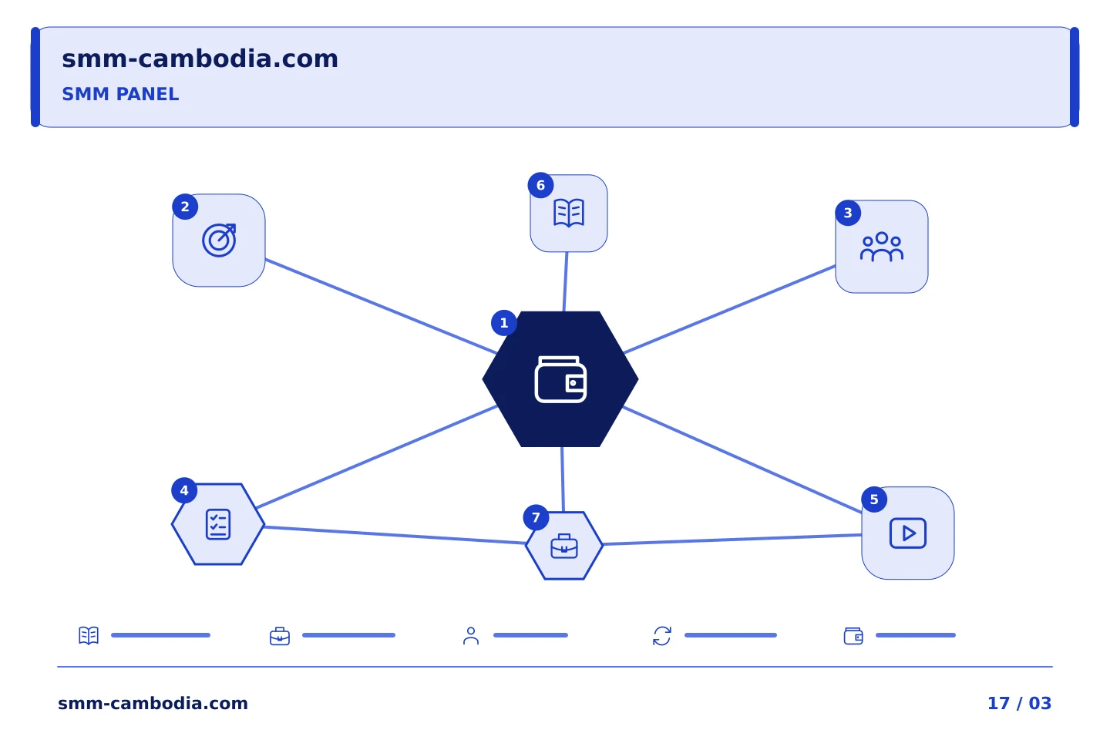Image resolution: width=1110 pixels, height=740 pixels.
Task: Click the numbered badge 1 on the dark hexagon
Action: [x=504, y=323]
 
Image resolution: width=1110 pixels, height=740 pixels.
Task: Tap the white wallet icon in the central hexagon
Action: [x=560, y=379]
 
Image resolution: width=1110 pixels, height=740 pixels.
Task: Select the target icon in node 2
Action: [x=219, y=240]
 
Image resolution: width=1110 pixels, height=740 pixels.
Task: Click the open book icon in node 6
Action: [x=569, y=213]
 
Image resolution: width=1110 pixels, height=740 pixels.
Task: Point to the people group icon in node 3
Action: [x=882, y=247]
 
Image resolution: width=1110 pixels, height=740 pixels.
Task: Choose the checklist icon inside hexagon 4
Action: [x=218, y=524]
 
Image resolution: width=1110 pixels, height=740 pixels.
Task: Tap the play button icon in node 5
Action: [x=908, y=533]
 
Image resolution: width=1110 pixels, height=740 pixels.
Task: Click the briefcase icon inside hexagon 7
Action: [x=564, y=546]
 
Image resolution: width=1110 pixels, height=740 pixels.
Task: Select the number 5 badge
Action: [x=874, y=499]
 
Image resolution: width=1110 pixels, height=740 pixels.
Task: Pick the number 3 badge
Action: [x=848, y=213]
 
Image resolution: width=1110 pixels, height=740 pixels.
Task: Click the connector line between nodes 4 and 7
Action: [x=395, y=535]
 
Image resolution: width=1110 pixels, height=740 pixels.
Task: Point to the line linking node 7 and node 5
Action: [x=732, y=540]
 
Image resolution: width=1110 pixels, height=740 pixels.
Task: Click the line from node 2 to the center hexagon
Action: [x=381, y=306]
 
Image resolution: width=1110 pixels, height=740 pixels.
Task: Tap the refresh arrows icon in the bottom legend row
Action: [x=662, y=636]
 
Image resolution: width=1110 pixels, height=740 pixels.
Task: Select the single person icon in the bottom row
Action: [x=471, y=636]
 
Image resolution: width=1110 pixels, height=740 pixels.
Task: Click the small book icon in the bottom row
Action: [x=89, y=635]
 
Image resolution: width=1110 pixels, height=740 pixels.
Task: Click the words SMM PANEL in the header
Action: [x=120, y=94]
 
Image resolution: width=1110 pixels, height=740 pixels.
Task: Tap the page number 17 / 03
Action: [x=1019, y=703]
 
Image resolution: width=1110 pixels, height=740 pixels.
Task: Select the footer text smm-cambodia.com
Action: [x=153, y=703]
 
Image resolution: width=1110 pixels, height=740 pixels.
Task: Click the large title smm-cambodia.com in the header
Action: [x=200, y=59]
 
